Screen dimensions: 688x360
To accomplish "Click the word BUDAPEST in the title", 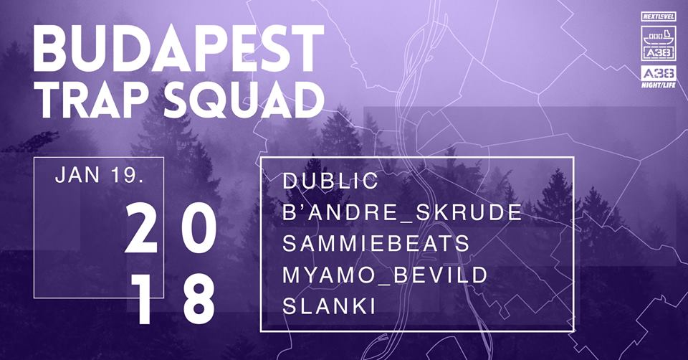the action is pyautogui.click(x=178, y=49).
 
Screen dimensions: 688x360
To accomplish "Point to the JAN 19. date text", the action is pyautogui.click(x=100, y=176).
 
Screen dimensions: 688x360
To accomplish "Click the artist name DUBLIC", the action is pyautogui.click(x=330, y=181).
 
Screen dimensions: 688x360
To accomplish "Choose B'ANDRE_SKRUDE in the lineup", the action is pyautogui.click(x=402, y=212).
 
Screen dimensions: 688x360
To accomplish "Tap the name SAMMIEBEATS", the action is pyautogui.click(x=376, y=244).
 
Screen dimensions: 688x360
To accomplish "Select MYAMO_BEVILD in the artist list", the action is pyautogui.click(x=385, y=275).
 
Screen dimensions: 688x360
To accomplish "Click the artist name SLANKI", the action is pyautogui.click(x=329, y=306).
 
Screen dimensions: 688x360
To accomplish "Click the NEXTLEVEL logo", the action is pyautogui.click(x=658, y=16).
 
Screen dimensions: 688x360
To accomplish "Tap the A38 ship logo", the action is pyautogui.click(x=658, y=43).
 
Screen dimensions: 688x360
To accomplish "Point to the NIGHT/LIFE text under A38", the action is pyautogui.click(x=658, y=85).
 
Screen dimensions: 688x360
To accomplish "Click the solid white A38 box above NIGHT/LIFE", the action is pyautogui.click(x=658, y=73).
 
